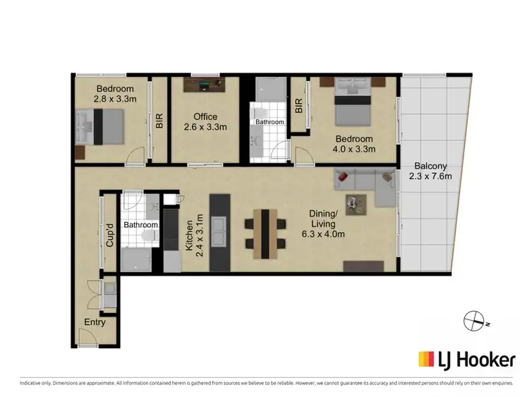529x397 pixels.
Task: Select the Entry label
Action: (95, 322)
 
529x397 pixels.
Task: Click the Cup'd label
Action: (109, 235)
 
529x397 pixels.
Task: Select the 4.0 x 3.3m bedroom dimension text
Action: (354, 149)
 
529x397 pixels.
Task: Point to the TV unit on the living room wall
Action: (364, 267)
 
